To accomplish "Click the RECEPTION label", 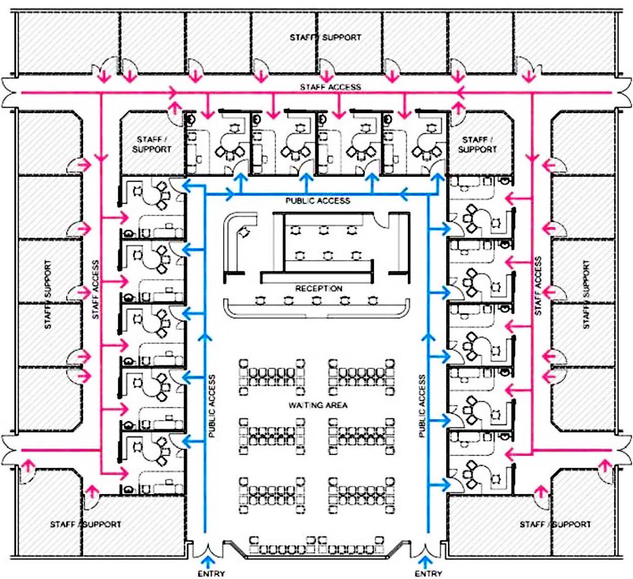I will [x=319, y=288].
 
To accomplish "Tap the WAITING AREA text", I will [x=318, y=405].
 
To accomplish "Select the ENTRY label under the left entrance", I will [x=212, y=573].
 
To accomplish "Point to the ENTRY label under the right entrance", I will [x=428, y=573].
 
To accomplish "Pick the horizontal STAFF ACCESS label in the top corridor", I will [x=330, y=87].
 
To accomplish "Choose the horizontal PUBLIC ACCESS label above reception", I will [x=318, y=201].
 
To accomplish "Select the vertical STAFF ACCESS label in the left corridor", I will [x=96, y=289].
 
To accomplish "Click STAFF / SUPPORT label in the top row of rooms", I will [x=325, y=37].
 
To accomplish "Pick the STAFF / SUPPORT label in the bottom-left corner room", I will [x=85, y=524].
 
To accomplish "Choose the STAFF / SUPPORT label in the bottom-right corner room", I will [x=555, y=524].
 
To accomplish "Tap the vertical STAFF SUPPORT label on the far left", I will [x=48, y=294].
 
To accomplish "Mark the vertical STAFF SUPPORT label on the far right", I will [x=586, y=294].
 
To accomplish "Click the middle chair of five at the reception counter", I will [x=316, y=300].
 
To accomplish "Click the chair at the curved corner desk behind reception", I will [x=244, y=232].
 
